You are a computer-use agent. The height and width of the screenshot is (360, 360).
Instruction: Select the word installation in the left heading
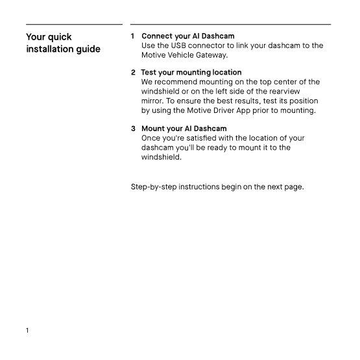point(48,49)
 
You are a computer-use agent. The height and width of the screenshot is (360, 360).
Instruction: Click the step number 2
point(133,72)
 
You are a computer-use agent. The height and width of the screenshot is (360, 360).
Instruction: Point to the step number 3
point(133,128)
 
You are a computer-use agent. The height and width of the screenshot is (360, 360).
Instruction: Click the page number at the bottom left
point(28,330)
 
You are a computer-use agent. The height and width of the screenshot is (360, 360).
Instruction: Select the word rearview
point(304,91)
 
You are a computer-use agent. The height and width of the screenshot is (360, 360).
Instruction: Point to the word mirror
point(152,101)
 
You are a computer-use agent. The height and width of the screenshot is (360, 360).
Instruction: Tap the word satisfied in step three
point(211,138)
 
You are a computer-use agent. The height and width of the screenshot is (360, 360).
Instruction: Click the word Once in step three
point(151,138)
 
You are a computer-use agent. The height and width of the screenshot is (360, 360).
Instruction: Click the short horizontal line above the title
point(74,25)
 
